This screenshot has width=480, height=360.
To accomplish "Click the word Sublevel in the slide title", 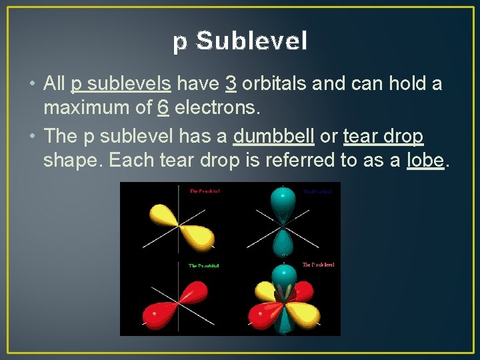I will tap(252, 41).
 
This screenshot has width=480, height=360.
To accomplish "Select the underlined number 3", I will tap(231, 83).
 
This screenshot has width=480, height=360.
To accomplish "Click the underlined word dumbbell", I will tap(273, 136).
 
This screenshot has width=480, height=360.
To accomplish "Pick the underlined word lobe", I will tap(425, 160).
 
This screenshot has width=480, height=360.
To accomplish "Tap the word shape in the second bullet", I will tap(71, 161).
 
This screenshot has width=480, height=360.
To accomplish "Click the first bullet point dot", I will tap(31, 84).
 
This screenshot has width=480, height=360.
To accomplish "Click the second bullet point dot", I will tap(31, 137).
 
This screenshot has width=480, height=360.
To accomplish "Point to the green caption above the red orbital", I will tap(203, 265).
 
